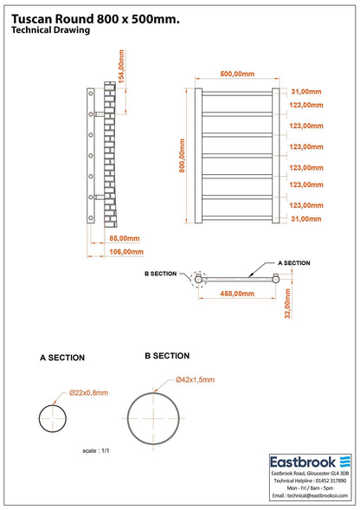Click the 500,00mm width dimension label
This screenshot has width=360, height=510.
(237, 74)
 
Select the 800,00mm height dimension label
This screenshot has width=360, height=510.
(182, 156)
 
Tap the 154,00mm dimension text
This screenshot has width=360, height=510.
(121, 67)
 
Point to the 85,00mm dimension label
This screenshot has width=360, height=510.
(125, 238)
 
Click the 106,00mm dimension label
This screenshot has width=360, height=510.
(126, 252)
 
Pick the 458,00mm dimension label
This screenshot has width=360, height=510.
(237, 294)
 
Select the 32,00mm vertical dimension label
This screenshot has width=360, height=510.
(287, 304)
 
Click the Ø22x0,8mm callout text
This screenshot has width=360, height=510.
(88, 393)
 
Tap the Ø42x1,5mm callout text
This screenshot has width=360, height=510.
(195, 379)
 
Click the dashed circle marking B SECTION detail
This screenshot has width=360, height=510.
(192, 279)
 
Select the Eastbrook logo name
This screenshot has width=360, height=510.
(303, 462)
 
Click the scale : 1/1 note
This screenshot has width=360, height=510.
(96, 451)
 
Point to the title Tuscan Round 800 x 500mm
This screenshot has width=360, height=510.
(95, 19)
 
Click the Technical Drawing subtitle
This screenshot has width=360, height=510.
(51, 30)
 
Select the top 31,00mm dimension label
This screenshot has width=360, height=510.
(306, 92)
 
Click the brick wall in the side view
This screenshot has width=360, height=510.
(110, 154)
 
